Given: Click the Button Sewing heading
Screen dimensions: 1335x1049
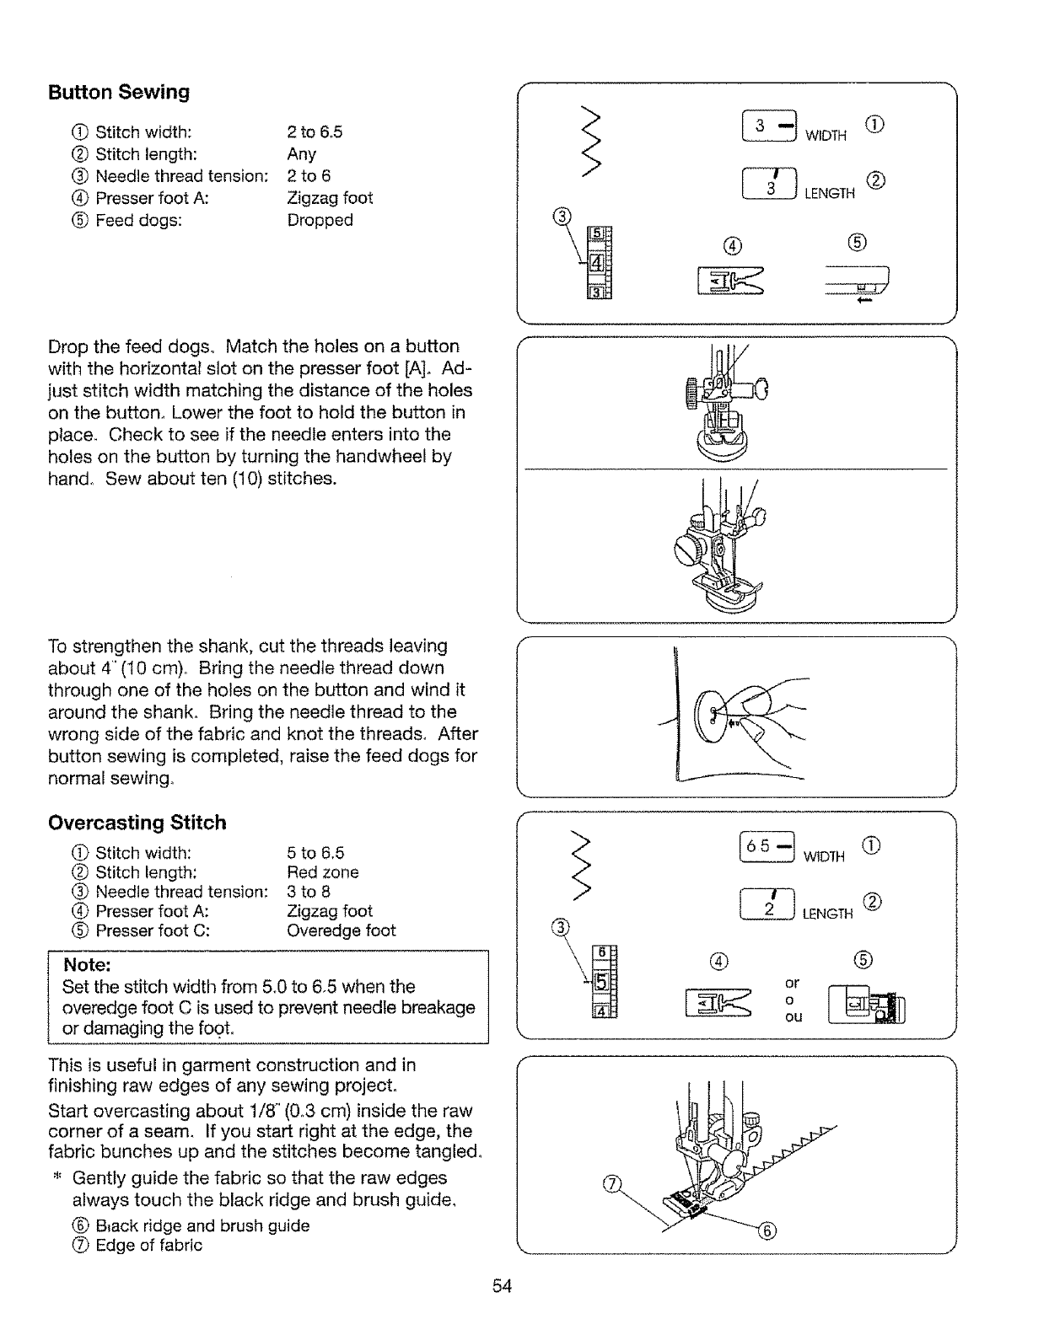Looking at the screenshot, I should tap(119, 92).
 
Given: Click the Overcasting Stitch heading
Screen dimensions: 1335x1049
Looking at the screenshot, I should tap(137, 822).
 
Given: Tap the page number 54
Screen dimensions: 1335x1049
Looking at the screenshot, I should tap(503, 1285).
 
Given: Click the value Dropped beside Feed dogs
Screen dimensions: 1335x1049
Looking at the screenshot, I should tap(320, 220).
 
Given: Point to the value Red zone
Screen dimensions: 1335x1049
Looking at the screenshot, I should tap(323, 872).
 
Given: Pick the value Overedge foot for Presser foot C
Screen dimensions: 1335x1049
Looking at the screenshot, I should tap(341, 930).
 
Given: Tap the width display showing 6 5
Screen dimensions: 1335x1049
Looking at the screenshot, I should tap(765, 846).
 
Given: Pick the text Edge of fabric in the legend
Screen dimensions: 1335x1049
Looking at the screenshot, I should tap(148, 1246).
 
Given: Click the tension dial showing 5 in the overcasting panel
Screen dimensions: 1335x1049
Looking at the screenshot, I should tap(601, 982).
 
